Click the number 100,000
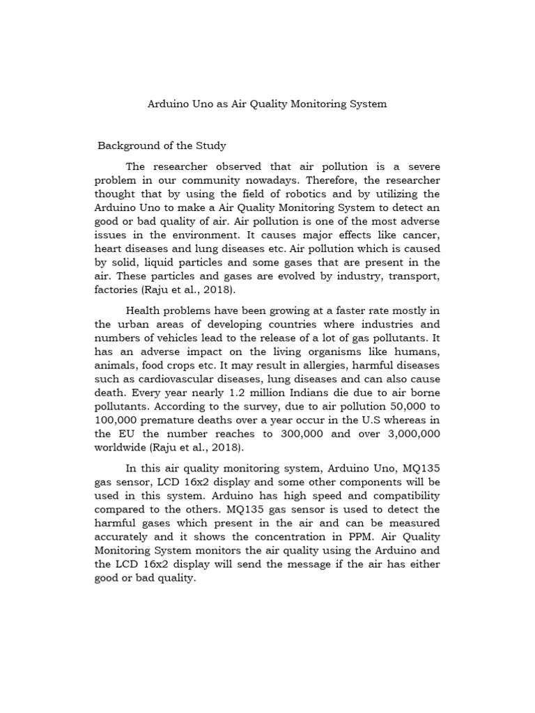pyautogui.click(x=117, y=420)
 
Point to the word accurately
pyautogui.click(x=121, y=537)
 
